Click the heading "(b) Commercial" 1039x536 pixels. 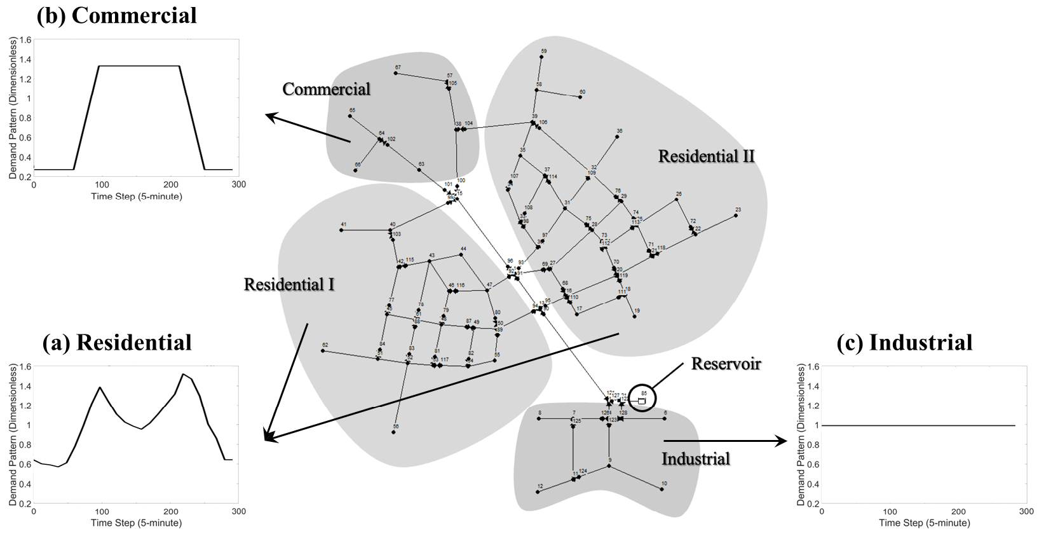click(x=116, y=15)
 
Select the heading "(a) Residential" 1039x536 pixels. click(x=117, y=343)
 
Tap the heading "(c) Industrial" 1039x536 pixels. click(x=904, y=343)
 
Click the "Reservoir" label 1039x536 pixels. click(x=726, y=364)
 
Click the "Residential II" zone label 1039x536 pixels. click(x=706, y=156)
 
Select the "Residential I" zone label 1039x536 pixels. click(x=289, y=284)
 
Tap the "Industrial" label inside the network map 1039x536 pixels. click(x=695, y=459)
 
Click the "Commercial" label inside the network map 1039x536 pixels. click(x=326, y=89)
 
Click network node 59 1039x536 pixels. click(x=541, y=57)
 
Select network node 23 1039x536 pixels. click(x=736, y=216)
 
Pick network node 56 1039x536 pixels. click(x=393, y=432)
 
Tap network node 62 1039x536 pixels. click(x=323, y=351)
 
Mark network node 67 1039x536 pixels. click(x=395, y=73)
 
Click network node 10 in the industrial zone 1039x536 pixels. click(x=662, y=489)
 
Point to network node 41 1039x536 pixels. click(x=341, y=230)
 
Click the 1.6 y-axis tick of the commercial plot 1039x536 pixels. click(x=25, y=39)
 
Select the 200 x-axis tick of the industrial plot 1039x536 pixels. click(x=958, y=512)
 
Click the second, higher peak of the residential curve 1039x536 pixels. click(x=183, y=374)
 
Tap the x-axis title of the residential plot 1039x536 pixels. click(x=136, y=523)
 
